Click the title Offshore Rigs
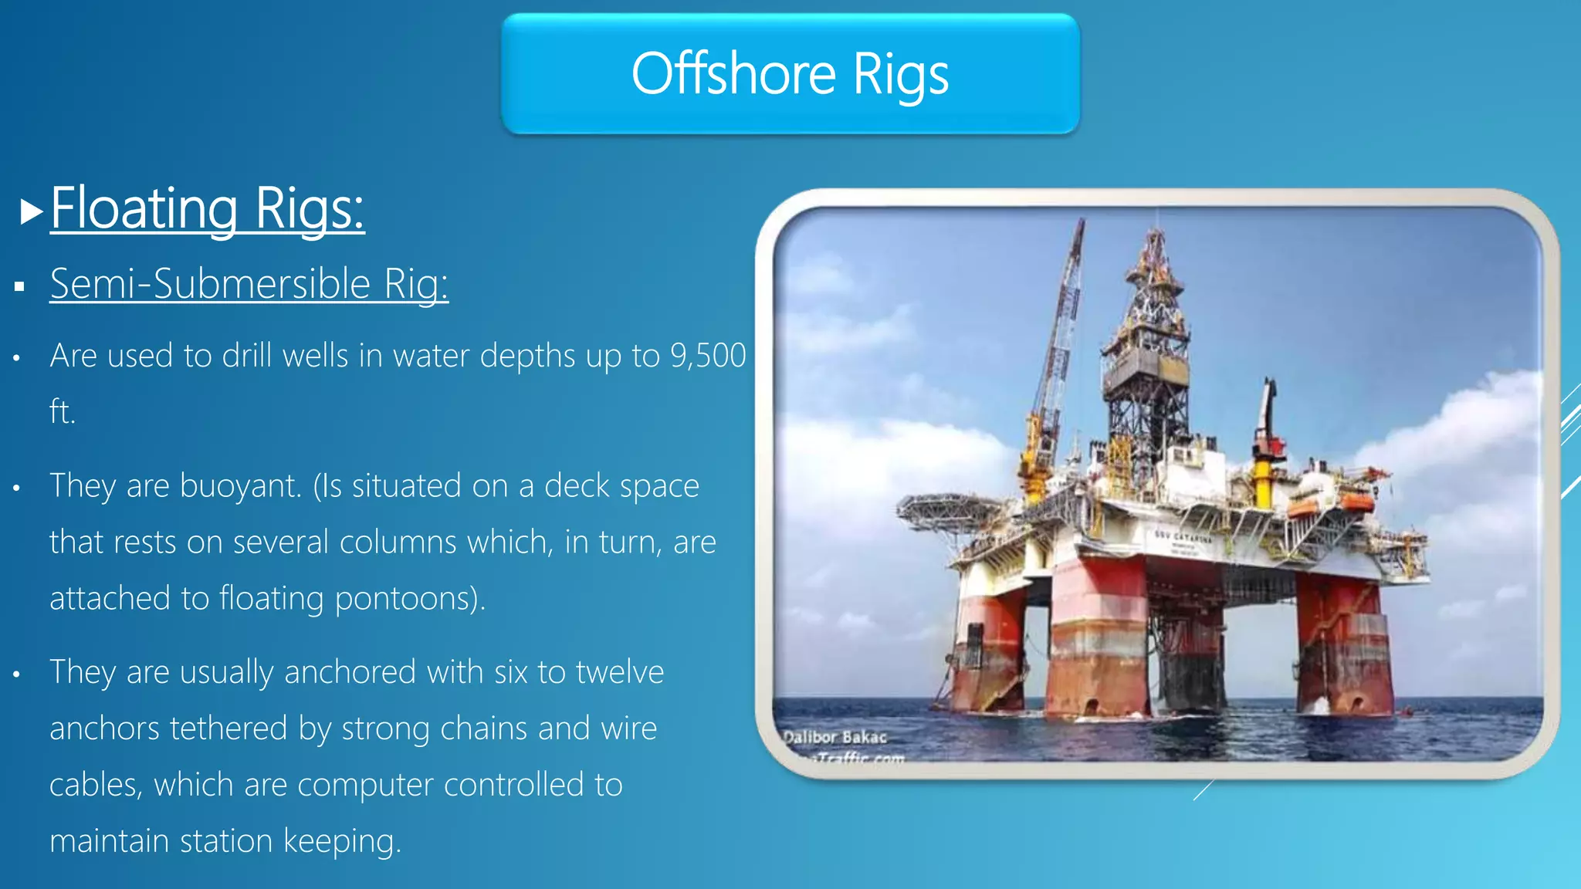click(x=790, y=74)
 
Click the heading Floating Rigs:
click(x=207, y=208)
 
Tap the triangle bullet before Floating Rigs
click(x=31, y=211)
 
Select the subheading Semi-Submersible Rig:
click(x=249, y=284)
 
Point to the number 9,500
click(x=708, y=356)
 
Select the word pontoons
click(x=411, y=599)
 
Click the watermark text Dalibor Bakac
click(x=835, y=737)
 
